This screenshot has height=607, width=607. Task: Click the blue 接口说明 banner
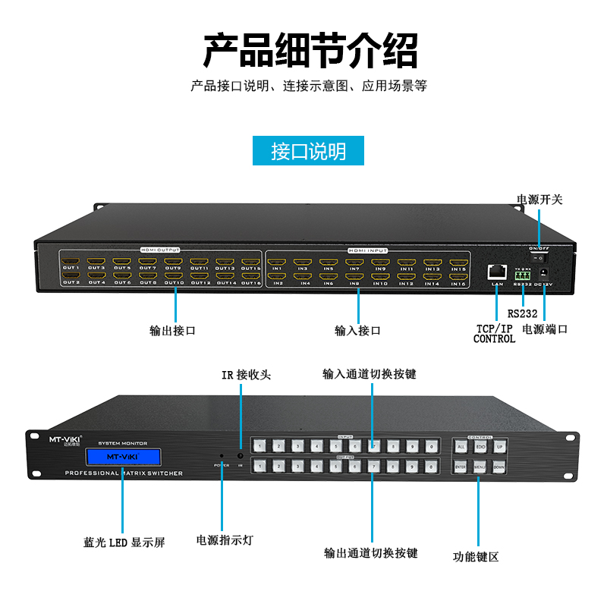pyautogui.click(x=308, y=150)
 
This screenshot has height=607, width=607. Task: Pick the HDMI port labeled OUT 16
pyautogui.click(x=252, y=275)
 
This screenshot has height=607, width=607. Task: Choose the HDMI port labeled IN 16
pyautogui.click(x=458, y=276)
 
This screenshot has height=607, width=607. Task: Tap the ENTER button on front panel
pyautogui.click(x=461, y=467)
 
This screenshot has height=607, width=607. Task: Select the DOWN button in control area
pyautogui.click(x=498, y=467)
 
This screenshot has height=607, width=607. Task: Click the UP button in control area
pyautogui.click(x=498, y=447)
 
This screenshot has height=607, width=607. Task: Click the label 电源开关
pyautogui.click(x=539, y=200)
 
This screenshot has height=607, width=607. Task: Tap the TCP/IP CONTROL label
pyautogui.click(x=494, y=334)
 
